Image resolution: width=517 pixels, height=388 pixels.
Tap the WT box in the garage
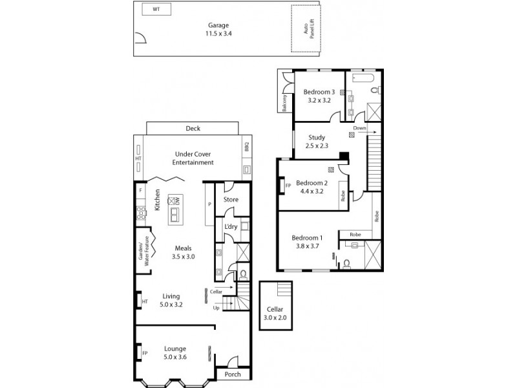(x=156, y=10)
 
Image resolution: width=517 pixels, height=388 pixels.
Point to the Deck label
(x=193, y=129)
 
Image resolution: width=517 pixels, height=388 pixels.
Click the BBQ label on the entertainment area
(x=246, y=148)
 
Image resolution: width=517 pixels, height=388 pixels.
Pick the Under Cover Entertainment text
(x=193, y=158)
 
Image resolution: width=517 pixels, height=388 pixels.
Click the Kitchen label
(x=157, y=200)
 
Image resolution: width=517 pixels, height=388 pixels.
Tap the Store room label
(x=231, y=200)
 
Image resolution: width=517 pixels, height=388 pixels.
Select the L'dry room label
(x=231, y=227)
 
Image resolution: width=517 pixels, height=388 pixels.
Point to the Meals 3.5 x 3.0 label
(x=184, y=252)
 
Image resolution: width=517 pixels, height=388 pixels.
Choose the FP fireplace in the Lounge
(x=145, y=353)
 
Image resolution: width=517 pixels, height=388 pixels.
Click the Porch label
(x=232, y=374)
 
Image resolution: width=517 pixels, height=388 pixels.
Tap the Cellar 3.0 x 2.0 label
(x=274, y=314)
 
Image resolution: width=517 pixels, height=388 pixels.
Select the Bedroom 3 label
(x=319, y=96)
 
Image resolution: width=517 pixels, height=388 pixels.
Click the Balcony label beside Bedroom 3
(x=284, y=103)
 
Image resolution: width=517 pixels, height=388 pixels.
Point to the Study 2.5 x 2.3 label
(x=316, y=142)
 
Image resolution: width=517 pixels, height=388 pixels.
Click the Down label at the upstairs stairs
(x=359, y=128)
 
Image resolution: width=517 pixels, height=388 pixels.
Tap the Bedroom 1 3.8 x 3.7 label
(x=307, y=241)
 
